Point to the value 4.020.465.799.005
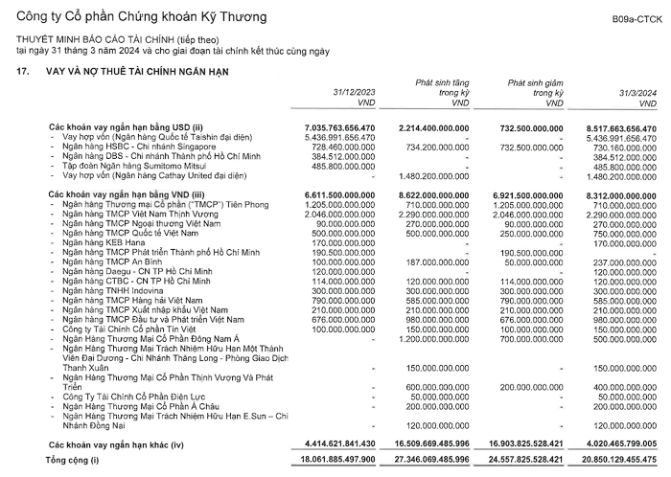click(x=613, y=445)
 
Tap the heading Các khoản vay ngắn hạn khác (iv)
click(x=111, y=445)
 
